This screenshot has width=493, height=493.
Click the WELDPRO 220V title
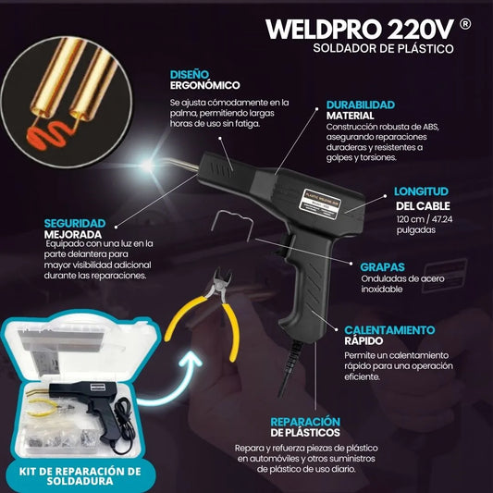point(360,30)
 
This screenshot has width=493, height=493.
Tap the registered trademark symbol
point(465,24)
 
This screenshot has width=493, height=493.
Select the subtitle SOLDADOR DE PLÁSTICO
point(383,48)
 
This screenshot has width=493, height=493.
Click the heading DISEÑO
point(190,75)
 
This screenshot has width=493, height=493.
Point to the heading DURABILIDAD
point(361,105)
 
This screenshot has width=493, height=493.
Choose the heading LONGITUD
point(421,191)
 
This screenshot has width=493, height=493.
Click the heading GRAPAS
point(382,267)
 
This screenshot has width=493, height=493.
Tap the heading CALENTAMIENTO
point(389,330)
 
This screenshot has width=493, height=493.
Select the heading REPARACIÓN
point(305,422)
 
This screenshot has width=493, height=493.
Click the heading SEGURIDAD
point(75,223)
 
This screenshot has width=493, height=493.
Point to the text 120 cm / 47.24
point(425,219)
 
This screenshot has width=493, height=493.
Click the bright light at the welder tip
point(148,164)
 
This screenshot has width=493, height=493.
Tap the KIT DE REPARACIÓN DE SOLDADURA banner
point(80,476)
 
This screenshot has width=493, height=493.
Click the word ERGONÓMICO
point(204,85)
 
